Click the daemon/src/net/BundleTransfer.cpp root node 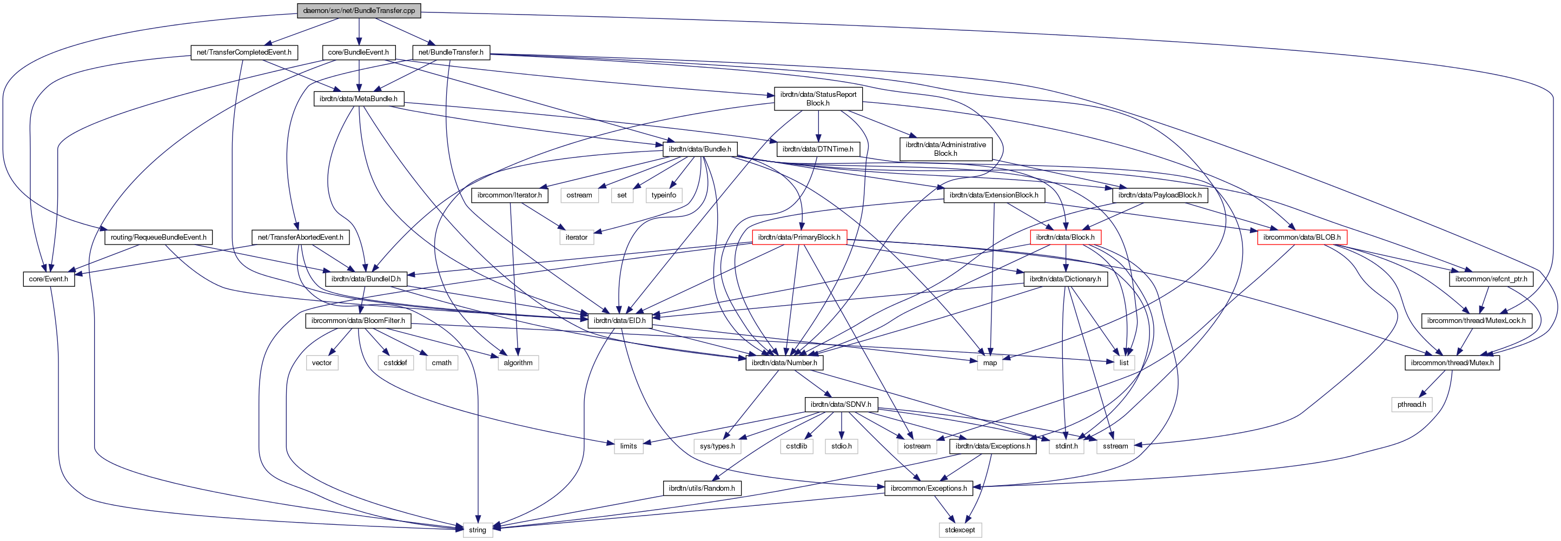point(359,10)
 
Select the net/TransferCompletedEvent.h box point(243,52)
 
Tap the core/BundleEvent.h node point(358,52)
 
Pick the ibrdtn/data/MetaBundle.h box point(358,99)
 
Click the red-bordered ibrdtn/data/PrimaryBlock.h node point(799,237)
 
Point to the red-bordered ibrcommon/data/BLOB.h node point(1301,237)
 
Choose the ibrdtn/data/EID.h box point(619,320)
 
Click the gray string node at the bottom point(478,530)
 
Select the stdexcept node point(960,530)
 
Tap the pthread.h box point(1411,404)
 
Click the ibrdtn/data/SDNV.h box point(841,404)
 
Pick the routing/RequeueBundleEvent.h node point(158,237)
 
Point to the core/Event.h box point(49,279)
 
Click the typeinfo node point(664,195)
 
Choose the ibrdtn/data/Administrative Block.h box point(945,149)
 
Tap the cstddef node point(395,363)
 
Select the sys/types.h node point(717,446)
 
